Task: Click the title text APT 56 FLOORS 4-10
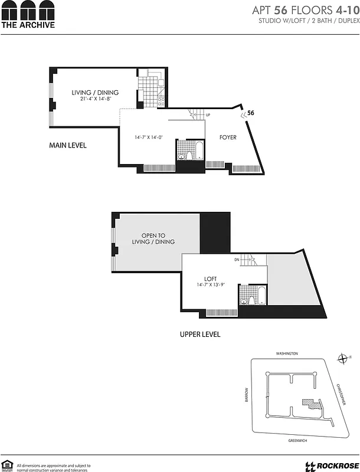click(305, 10)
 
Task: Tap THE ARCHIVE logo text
click(28, 25)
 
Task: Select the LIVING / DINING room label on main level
click(95, 93)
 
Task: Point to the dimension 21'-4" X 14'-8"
click(95, 99)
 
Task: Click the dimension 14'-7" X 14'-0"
click(148, 137)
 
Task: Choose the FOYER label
click(228, 137)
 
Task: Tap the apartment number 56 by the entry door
click(251, 113)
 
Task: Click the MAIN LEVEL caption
click(68, 145)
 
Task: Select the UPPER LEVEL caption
click(200, 335)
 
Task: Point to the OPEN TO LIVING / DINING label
click(153, 239)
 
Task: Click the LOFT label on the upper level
click(211, 279)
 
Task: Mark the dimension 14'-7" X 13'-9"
click(211, 286)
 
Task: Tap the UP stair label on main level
click(208, 115)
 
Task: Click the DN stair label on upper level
click(237, 260)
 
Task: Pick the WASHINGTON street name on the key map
click(287, 353)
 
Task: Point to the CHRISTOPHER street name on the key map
click(341, 394)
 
